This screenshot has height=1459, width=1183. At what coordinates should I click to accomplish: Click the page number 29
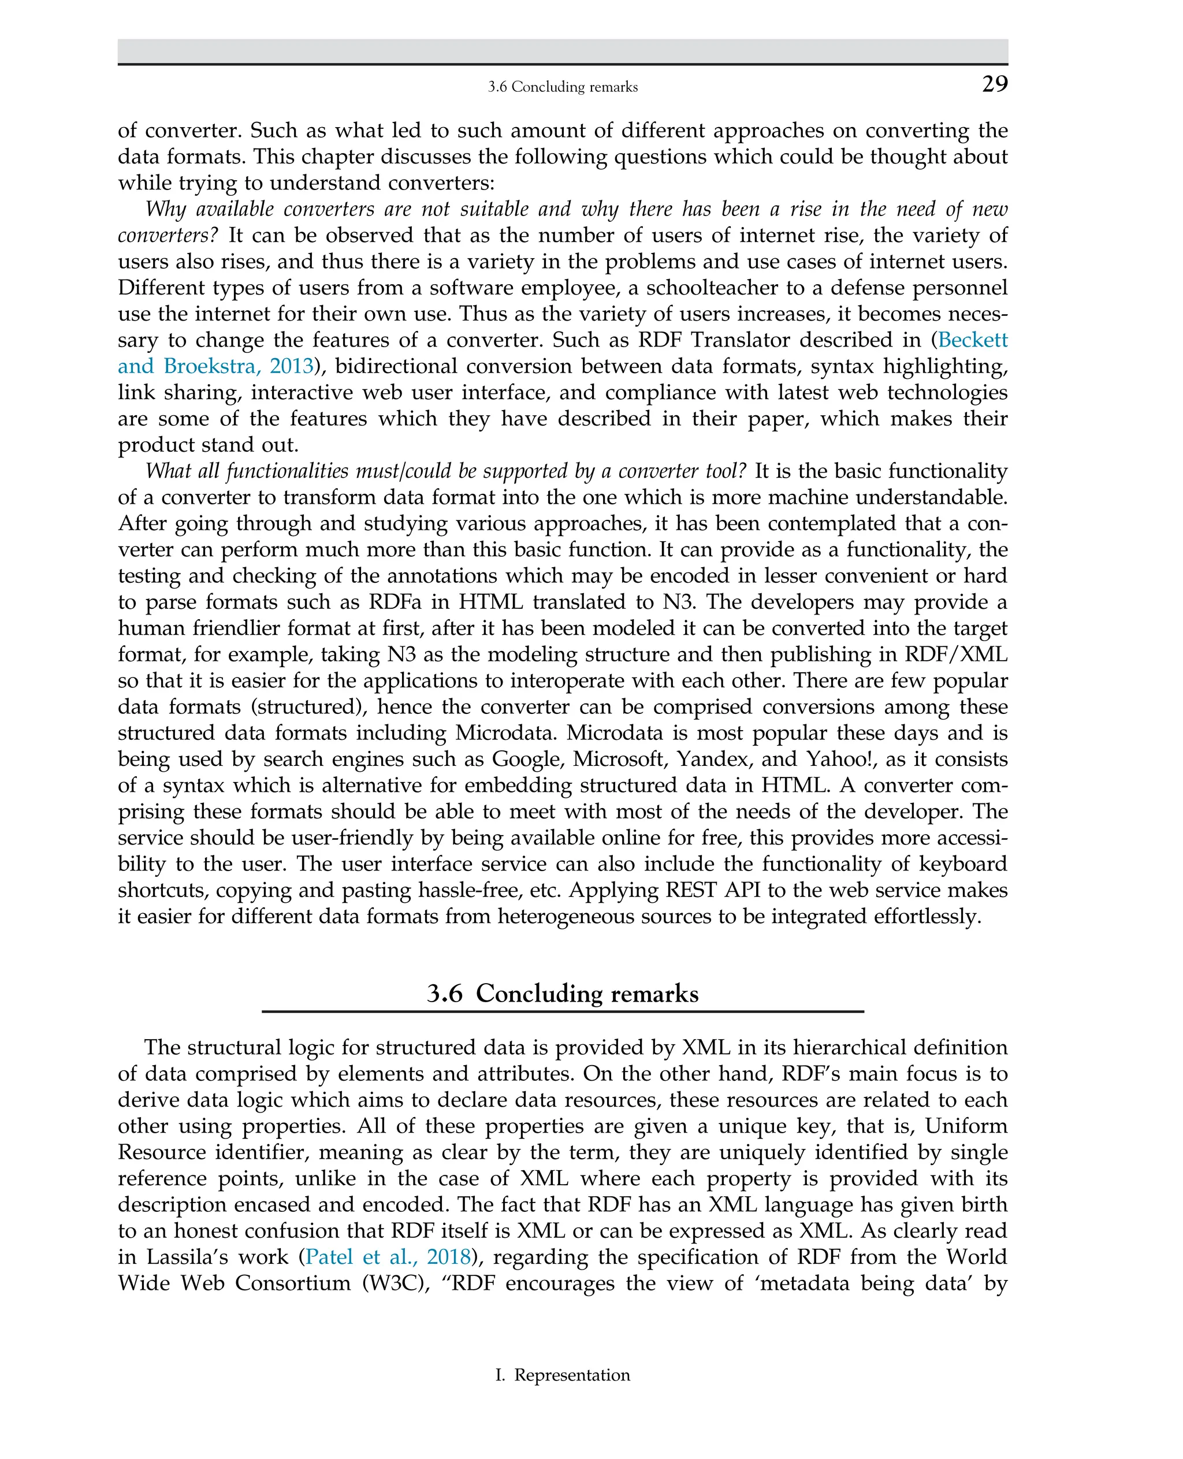[x=994, y=84]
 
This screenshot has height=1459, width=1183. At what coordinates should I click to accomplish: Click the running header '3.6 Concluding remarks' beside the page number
[x=563, y=87]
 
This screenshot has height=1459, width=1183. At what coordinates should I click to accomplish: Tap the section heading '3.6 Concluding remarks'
[x=563, y=993]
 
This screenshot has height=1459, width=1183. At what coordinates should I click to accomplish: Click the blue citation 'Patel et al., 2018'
[x=388, y=1257]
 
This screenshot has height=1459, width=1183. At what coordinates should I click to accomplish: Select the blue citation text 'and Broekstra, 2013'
[x=215, y=366]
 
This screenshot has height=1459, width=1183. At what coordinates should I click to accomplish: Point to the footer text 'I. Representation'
[x=563, y=1375]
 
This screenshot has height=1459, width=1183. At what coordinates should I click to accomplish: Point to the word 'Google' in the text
[x=527, y=758]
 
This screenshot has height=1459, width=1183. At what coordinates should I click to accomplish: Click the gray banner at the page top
[x=563, y=50]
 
